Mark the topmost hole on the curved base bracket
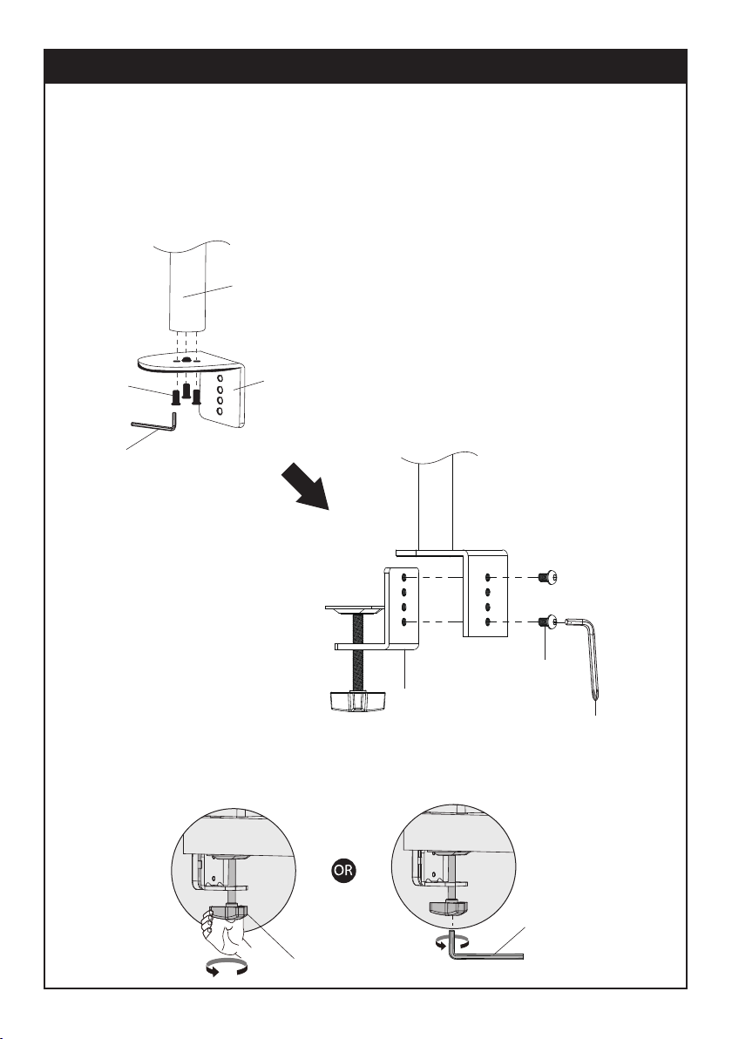click(220, 379)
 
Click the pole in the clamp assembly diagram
click(432, 506)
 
